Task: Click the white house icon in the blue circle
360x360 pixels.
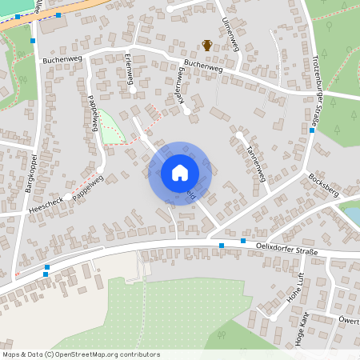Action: (x=180, y=172)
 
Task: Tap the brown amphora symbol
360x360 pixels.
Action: (x=207, y=45)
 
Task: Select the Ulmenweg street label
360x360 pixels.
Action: (x=233, y=32)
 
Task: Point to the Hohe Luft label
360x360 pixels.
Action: (x=295, y=287)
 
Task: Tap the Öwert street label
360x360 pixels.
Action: (x=349, y=320)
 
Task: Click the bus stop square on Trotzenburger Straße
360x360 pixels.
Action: (x=311, y=130)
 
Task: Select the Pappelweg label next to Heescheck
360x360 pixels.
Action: (x=87, y=189)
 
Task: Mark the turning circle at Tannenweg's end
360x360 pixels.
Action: (x=238, y=136)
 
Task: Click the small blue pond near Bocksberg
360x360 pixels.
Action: (x=352, y=215)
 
